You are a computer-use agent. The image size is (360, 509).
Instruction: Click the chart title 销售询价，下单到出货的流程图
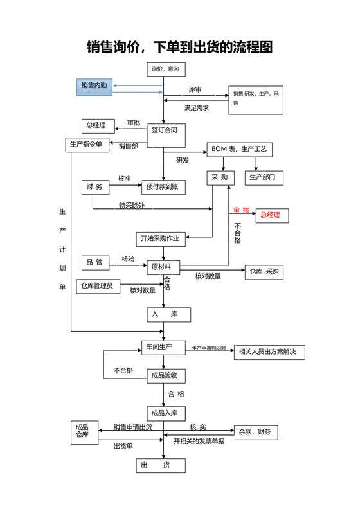click(x=180, y=47)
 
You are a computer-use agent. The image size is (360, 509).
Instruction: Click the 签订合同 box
click(x=164, y=130)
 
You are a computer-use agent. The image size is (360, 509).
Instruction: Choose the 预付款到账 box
click(x=163, y=186)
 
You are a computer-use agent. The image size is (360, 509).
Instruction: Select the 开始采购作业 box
click(x=160, y=239)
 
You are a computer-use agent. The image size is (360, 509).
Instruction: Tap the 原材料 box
click(x=163, y=267)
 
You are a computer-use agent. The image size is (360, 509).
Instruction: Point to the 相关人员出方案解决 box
click(x=269, y=352)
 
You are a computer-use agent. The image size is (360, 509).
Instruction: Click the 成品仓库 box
click(x=84, y=432)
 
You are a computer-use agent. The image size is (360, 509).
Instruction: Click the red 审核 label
click(x=241, y=210)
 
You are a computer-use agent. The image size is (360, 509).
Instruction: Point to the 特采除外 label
click(x=131, y=206)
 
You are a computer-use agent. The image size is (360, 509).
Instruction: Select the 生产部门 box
click(x=262, y=177)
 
